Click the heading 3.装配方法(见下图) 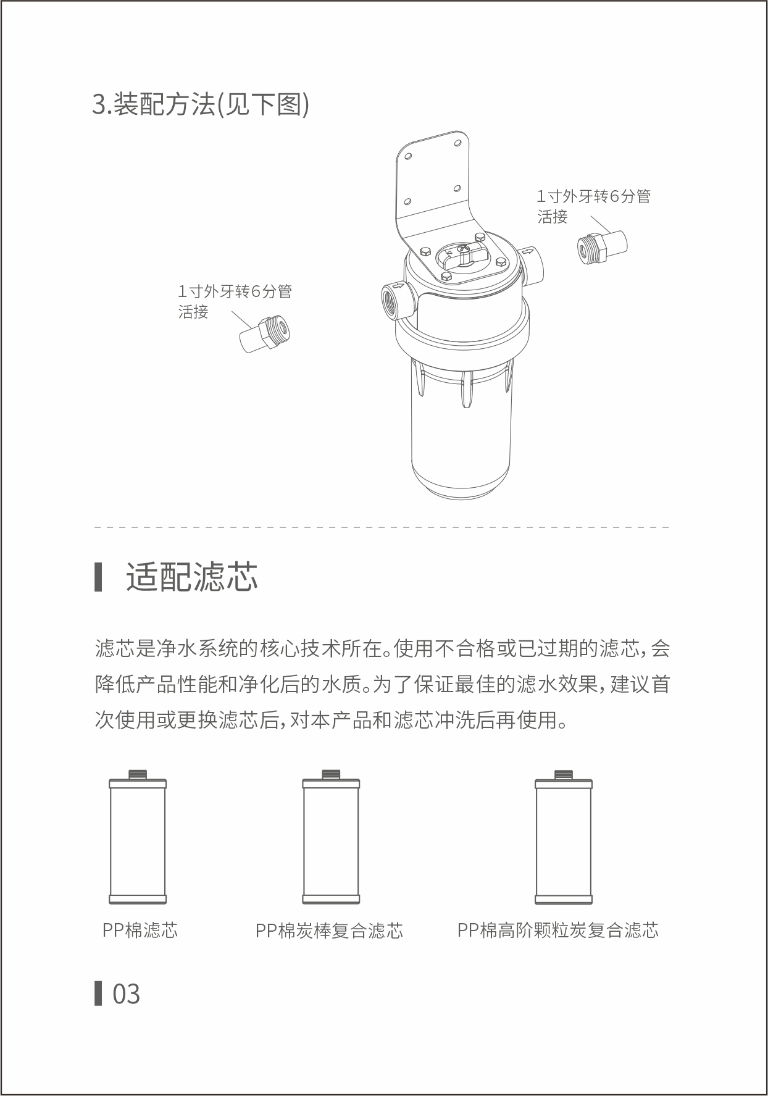(200, 104)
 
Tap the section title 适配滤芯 (191, 577)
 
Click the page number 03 (126, 994)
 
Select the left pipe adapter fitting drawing (265, 335)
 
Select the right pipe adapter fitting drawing (602, 247)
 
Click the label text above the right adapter (593, 206)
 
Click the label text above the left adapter (235, 301)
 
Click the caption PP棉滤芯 (140, 930)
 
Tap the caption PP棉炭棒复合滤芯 (329, 931)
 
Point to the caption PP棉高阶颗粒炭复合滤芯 (558, 930)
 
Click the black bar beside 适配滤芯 (98, 577)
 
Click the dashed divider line (382, 527)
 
